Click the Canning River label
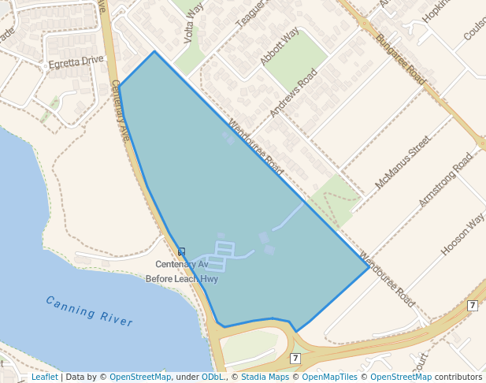pos(89,310)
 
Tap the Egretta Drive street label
pos(76,60)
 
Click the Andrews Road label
pos(293,93)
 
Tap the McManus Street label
pos(403,162)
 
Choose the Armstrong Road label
pos(446,180)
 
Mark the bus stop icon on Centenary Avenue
pos(182,251)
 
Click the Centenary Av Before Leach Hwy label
pos(182,271)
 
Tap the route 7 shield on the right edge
pos(472,305)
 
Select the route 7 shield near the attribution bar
pos(295,358)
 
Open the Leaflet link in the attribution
pos(44,377)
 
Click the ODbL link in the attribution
pos(212,377)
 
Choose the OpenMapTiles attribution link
pos(324,377)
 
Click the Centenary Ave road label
pos(120,111)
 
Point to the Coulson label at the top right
pos(474,30)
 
